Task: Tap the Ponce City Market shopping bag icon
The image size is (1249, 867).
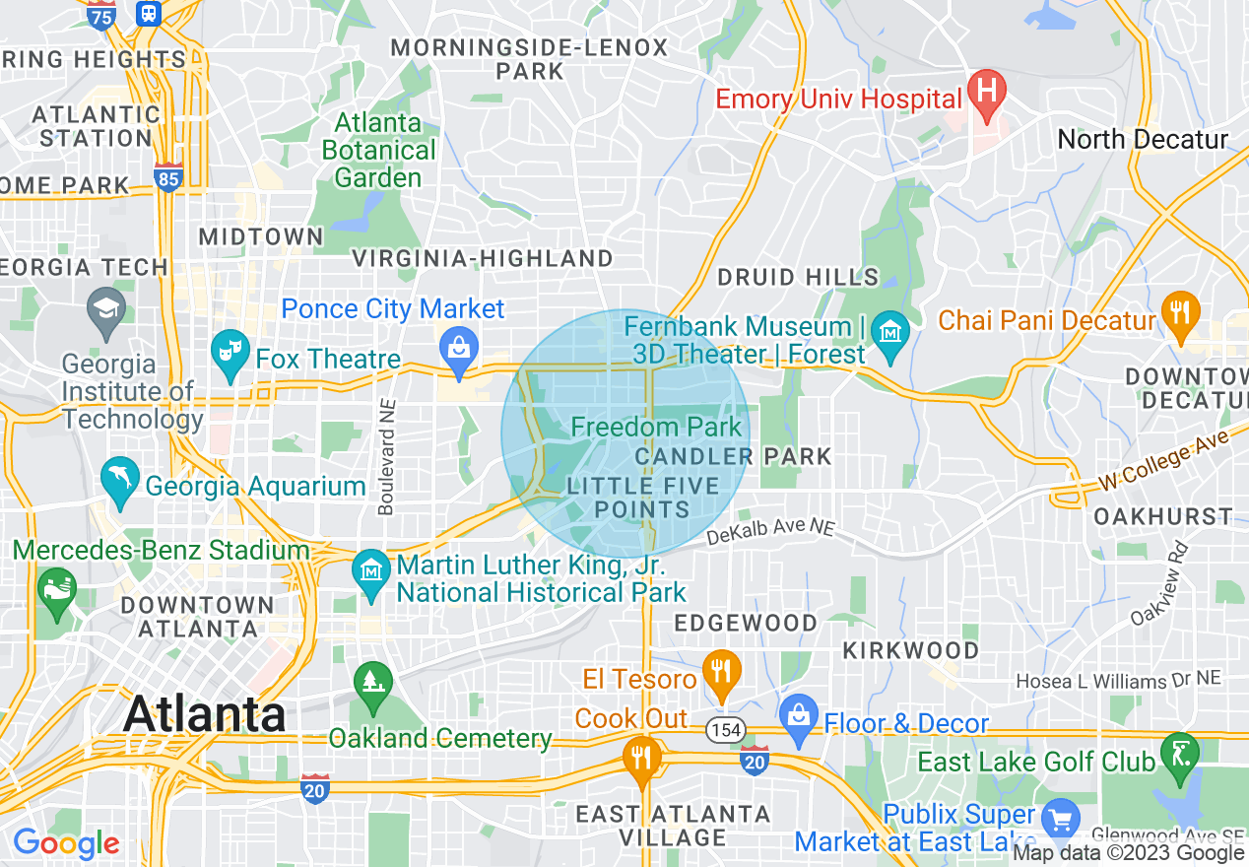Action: (459, 346)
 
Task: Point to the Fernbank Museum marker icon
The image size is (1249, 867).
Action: (891, 332)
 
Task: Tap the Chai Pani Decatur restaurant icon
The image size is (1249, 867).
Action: (1179, 313)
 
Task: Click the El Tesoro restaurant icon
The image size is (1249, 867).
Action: (723, 672)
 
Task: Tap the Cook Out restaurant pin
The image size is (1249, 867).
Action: (641, 760)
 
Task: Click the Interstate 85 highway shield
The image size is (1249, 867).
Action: (168, 177)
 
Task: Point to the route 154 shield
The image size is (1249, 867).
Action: (725, 729)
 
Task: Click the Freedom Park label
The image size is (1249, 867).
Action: (656, 427)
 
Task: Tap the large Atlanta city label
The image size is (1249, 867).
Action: (205, 713)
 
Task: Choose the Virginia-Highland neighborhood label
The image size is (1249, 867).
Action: (483, 258)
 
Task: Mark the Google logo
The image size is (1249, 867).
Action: (66, 843)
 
